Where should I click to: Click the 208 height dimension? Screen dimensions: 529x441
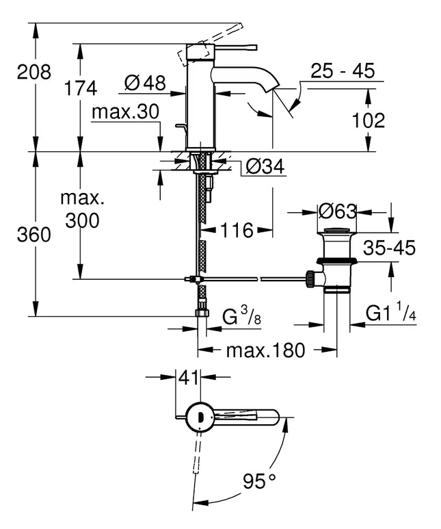pos(34,71)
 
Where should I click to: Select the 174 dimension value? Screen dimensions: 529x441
pos(81,88)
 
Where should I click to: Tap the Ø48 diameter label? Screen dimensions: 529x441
pos(145,83)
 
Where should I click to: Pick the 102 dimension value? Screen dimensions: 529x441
pos(369,120)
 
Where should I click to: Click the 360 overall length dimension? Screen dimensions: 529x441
pos(34,235)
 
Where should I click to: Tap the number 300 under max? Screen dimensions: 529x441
pos(81,220)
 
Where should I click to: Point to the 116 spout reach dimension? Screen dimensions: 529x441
pos(237,231)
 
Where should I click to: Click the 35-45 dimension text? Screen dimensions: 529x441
pos(389,248)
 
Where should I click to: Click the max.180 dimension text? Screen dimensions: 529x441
pos(265,351)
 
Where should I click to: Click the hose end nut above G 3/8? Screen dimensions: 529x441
pos(202,313)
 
